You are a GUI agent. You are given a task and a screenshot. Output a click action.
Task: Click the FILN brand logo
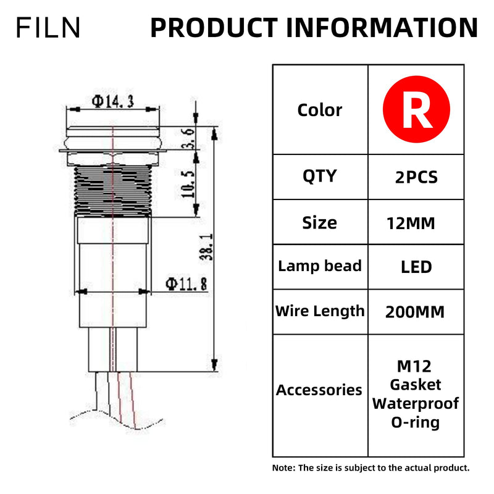pyautogui.click(x=48, y=27)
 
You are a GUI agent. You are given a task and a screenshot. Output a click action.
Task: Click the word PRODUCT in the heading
pyautogui.click(x=214, y=28)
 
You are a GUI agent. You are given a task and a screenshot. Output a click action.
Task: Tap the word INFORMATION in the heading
pyautogui.click(x=382, y=28)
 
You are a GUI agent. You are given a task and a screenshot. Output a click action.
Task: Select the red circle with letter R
pyautogui.click(x=416, y=109)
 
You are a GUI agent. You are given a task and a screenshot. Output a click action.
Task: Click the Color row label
pyautogui.click(x=320, y=111)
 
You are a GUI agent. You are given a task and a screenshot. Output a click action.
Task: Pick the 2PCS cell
pyautogui.click(x=416, y=177)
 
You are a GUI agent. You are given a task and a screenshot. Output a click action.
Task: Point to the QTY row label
pyautogui.click(x=320, y=176)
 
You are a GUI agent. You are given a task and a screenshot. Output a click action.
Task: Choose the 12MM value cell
pyautogui.click(x=411, y=224)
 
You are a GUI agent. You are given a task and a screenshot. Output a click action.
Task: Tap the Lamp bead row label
pyautogui.click(x=320, y=266)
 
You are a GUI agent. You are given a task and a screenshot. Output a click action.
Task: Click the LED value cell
pyautogui.click(x=416, y=267)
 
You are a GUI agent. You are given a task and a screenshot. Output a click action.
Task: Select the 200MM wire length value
pyautogui.click(x=415, y=312)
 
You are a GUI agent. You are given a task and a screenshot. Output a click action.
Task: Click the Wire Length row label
pyautogui.click(x=320, y=311)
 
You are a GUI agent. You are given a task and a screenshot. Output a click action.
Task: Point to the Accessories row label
pyautogui.click(x=319, y=390)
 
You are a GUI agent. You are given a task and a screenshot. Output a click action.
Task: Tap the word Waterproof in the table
pyautogui.click(x=416, y=404)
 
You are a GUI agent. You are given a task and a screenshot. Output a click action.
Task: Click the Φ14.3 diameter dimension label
pyautogui.click(x=113, y=101)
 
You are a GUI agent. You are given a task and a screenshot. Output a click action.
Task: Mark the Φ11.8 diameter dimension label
pyautogui.click(x=187, y=284)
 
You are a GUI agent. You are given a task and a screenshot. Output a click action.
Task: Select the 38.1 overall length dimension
pyautogui.click(x=207, y=247)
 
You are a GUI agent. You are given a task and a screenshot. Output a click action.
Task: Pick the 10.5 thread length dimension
pyautogui.click(x=188, y=184)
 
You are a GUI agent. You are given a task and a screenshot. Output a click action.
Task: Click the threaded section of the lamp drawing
pyautogui.click(x=113, y=191)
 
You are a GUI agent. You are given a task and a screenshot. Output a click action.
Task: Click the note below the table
pyautogui.click(x=371, y=468)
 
